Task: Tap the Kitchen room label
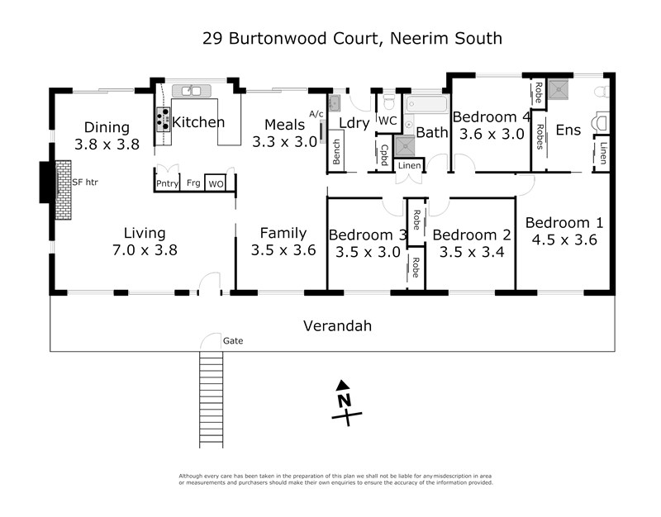click(x=198, y=122)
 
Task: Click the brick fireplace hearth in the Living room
click(x=64, y=189)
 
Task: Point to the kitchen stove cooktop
click(x=163, y=121)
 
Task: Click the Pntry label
click(x=168, y=183)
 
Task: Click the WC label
click(x=388, y=121)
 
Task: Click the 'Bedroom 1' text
click(x=564, y=223)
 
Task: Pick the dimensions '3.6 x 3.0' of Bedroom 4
click(x=492, y=134)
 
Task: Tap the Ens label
click(x=568, y=130)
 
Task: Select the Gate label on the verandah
click(x=233, y=340)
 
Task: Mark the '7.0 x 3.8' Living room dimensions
click(x=145, y=249)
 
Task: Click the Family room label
click(x=283, y=234)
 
